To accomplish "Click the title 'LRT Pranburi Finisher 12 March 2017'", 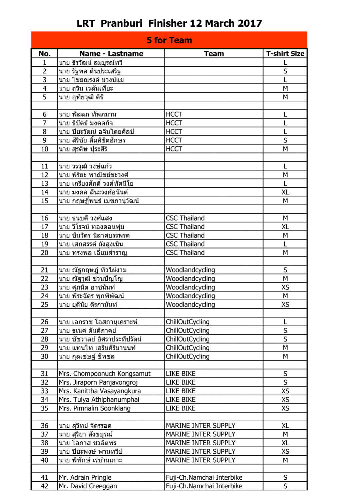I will tap(169, 23).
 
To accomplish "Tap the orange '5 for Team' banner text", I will tap(169, 40).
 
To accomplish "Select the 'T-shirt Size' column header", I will tap(285, 54).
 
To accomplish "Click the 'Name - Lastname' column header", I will tap(111, 54).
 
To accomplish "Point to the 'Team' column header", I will tap(214, 54).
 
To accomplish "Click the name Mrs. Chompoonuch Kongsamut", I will tap(105, 374).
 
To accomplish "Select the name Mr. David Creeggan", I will tap(88, 486).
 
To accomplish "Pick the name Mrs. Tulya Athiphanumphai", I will tap(99, 400).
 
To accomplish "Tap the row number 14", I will tap(45, 192).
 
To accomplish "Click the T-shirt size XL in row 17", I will tap(285, 227).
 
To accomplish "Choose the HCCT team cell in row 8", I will tap(174, 132).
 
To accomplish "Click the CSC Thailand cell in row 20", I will tap(185, 253).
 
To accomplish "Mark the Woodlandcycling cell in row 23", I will tap(190, 287).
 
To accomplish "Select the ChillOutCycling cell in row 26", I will tap(188, 322).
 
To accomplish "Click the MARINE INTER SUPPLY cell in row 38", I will tap(201, 443).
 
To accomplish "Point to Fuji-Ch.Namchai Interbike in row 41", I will tap(204, 477).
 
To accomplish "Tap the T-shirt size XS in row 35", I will tap(285, 408).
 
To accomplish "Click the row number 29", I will tap(45, 348).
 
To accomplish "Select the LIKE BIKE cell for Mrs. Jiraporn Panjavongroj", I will tap(181, 382).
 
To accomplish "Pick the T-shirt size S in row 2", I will tap(285, 71).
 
